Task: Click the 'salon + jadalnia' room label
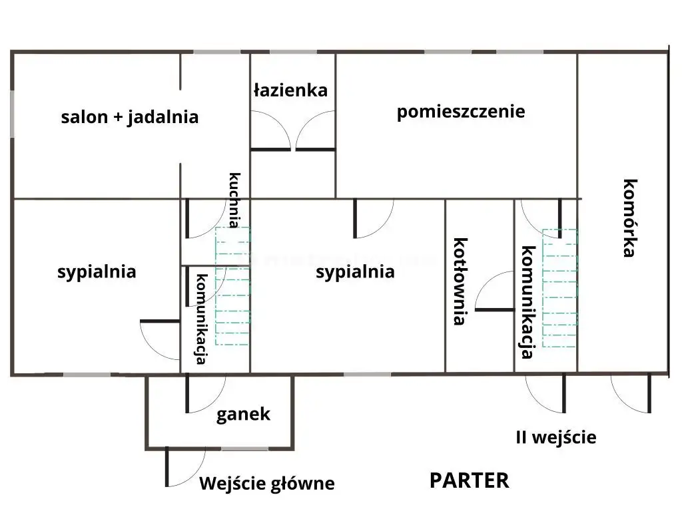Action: (130, 117)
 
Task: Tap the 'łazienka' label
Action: (291, 90)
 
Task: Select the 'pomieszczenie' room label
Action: (461, 111)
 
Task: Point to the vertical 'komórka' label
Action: (629, 218)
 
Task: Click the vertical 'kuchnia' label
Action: (235, 200)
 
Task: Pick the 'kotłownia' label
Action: (460, 281)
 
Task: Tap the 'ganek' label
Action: (243, 415)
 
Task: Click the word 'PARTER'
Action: (469, 480)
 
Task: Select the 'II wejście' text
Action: (556, 438)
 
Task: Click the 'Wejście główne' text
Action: (266, 484)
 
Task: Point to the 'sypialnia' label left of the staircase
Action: (97, 271)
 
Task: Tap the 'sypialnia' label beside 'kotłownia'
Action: (355, 271)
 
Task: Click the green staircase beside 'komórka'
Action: (559, 288)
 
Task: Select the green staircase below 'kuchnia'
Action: (232, 286)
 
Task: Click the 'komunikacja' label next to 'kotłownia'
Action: (528, 302)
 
